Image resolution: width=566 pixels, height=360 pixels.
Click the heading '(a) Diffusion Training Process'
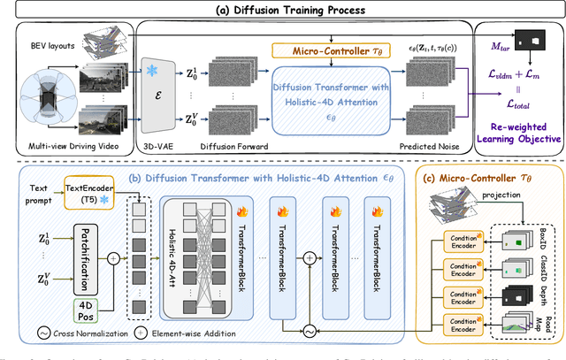[x=284, y=8]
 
